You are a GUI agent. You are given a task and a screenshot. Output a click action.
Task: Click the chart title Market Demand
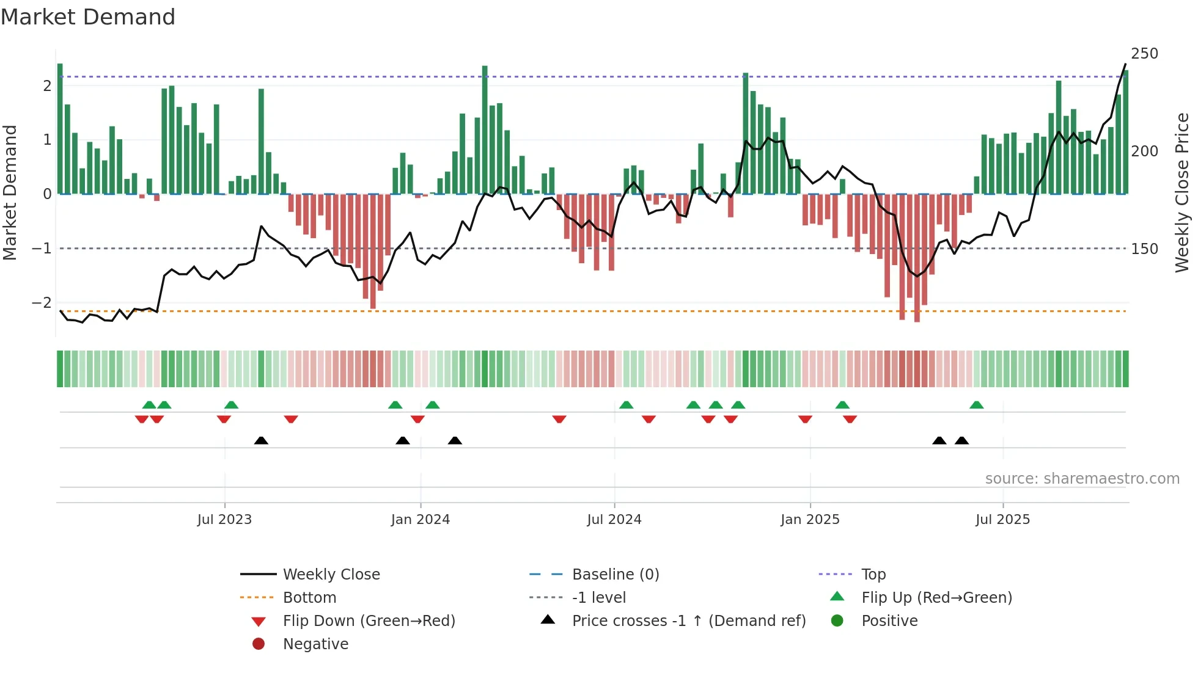coord(88,17)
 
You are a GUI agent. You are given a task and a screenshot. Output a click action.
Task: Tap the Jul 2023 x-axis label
coord(224,520)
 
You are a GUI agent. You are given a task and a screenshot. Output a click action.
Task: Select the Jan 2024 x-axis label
coord(421,520)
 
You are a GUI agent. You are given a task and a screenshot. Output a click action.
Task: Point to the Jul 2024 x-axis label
coord(614,520)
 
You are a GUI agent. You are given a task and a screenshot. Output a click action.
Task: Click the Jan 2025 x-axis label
coord(810,520)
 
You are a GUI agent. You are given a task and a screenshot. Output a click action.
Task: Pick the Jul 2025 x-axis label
coord(1002,520)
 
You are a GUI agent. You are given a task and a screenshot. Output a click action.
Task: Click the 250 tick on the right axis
coord(1144,54)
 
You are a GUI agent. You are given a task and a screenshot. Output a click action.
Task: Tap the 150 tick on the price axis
coord(1144,249)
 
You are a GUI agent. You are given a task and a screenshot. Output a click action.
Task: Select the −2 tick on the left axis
coord(42,303)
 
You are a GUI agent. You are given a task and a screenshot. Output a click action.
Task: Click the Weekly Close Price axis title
coord(1182,192)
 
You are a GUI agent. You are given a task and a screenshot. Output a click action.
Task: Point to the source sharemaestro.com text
coord(1082,479)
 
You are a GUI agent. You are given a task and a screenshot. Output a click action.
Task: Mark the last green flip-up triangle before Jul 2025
coord(976,405)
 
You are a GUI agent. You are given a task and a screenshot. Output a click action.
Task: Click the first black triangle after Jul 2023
coord(261,440)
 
